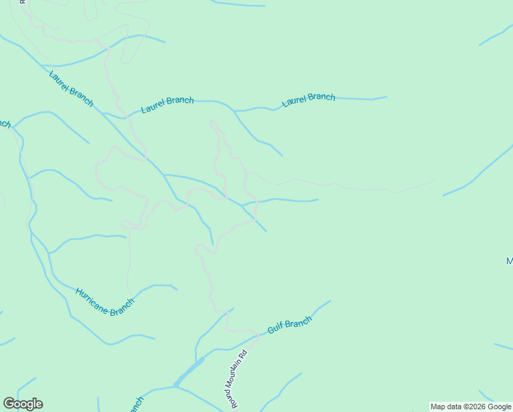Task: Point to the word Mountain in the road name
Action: tap(238, 377)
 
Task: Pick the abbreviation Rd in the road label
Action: tap(242, 355)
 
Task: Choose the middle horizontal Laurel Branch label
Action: tap(167, 104)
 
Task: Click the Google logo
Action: tap(23, 404)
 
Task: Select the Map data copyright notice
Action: tap(470, 407)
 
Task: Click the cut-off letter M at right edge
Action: tap(510, 262)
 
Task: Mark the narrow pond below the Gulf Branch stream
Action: tap(189, 373)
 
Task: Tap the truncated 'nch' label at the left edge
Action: tap(5, 124)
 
